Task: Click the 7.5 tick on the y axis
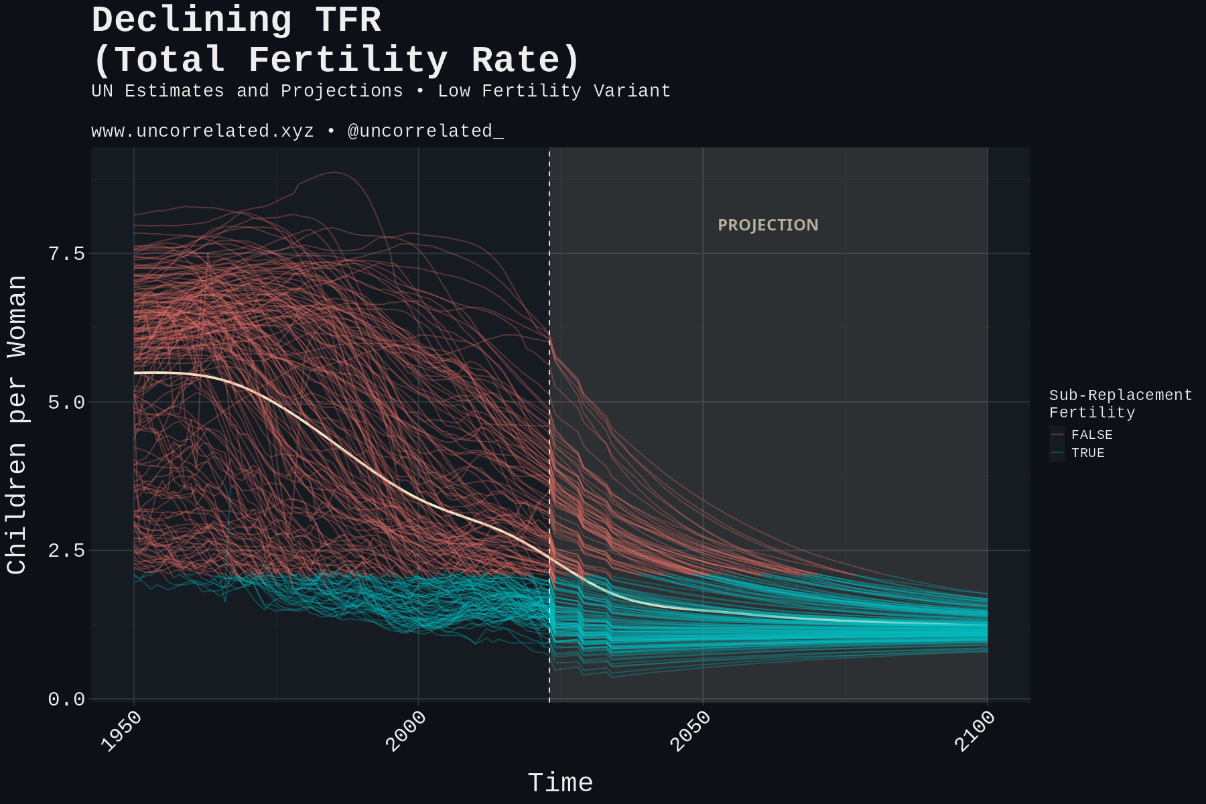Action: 66,254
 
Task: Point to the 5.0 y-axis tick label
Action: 66,403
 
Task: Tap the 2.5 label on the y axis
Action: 66,551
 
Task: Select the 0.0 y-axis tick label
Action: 66,699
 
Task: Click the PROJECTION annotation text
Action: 768,225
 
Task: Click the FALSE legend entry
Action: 1091,435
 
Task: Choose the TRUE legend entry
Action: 1087,453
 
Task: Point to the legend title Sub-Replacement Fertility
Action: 1120,403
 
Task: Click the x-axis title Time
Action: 560,783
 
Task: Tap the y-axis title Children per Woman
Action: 17,424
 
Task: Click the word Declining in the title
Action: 192,20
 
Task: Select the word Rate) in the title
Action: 525,60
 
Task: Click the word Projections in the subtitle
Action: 342,90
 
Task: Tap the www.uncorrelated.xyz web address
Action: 202,131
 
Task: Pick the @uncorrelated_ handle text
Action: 425,131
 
